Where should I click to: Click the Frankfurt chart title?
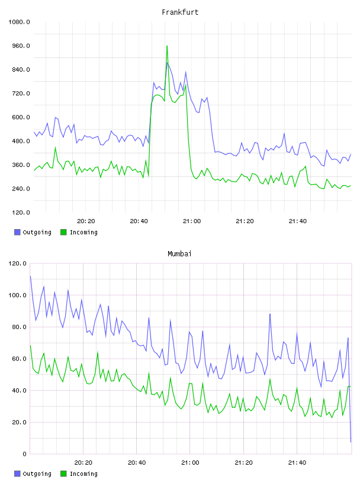tap(180, 12)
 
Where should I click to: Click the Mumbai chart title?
tap(179, 254)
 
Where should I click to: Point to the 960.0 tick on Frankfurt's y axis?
tap(21, 46)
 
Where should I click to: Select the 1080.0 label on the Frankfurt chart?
tap(19, 22)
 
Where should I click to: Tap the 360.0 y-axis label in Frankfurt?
tap(21, 165)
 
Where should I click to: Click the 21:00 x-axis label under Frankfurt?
tap(192, 221)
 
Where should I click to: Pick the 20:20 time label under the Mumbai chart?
tap(83, 463)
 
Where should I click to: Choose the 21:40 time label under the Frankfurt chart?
tap(298, 221)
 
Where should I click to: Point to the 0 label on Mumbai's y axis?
tap(24, 454)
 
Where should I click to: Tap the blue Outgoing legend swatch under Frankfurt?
tap(17, 232)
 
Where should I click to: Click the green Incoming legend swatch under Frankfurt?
tap(63, 232)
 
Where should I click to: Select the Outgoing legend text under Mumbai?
tap(37, 474)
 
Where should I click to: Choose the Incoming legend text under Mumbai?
tap(83, 474)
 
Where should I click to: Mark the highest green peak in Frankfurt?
tap(167, 46)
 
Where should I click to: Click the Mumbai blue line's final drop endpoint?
tap(351, 442)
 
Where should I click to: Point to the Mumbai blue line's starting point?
tap(30, 276)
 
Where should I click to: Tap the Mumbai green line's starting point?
tap(30, 345)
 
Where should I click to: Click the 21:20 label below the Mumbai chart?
tap(243, 463)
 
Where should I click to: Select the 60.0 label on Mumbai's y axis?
tap(19, 359)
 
